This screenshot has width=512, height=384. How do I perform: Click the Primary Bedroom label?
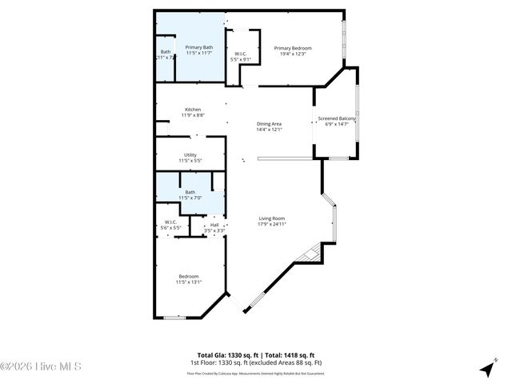[x=293, y=48]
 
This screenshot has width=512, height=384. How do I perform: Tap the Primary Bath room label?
[x=199, y=48]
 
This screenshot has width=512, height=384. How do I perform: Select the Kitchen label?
[x=193, y=110]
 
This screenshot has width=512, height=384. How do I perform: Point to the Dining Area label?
[x=269, y=123]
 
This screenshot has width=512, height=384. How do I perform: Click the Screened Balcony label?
[x=337, y=118]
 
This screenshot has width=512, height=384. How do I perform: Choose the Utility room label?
[x=190, y=155]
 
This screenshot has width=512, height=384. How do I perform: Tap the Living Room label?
[x=272, y=218]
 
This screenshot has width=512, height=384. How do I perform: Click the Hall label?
[x=214, y=226]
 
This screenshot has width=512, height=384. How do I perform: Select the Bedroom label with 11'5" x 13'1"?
[x=189, y=277]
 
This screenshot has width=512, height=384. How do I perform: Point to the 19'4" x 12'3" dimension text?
[x=293, y=54]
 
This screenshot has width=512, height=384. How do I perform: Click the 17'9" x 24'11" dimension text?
[x=272, y=225]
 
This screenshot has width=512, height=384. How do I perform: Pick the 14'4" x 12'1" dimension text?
[x=269, y=130]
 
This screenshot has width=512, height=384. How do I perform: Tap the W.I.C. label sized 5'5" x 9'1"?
[x=241, y=54]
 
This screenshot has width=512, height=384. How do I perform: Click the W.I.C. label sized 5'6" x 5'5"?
[x=171, y=222]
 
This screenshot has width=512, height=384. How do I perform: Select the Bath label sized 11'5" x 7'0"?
[x=190, y=192]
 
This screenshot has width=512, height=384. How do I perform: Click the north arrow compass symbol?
[x=486, y=370]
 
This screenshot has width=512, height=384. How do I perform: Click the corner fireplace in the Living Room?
[x=308, y=254]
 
